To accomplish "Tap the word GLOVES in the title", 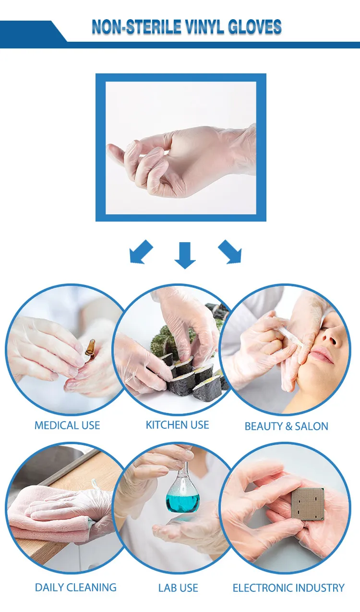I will click(x=257, y=27).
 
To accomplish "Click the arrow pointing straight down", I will click(x=185, y=255).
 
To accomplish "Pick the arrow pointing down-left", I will click(x=141, y=252).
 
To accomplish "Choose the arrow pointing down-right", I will click(x=230, y=252).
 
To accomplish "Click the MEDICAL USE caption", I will click(x=67, y=425).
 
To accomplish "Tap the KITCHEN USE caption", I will click(x=178, y=425).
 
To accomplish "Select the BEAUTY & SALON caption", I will click(x=287, y=426).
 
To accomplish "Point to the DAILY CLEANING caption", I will click(x=76, y=588).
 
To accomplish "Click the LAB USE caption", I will click(x=178, y=588).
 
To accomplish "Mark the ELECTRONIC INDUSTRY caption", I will click(x=288, y=588).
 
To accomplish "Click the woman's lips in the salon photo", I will click(x=322, y=356).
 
